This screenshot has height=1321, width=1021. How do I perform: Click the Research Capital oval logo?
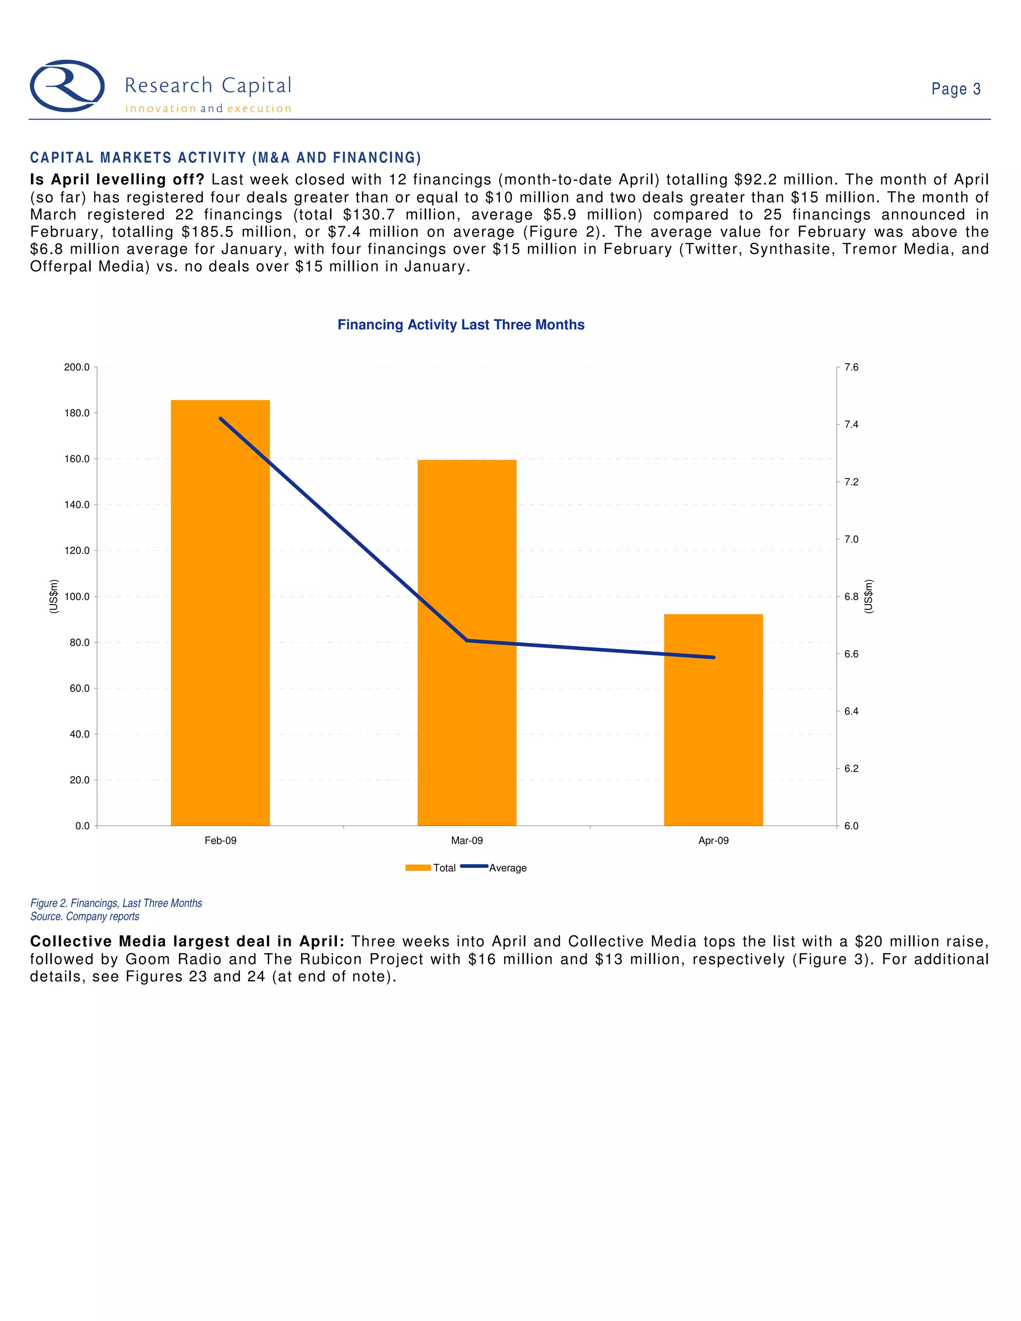coord(67,86)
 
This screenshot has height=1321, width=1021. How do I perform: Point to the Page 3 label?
coord(956,90)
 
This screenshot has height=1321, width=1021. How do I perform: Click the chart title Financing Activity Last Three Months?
coord(461,325)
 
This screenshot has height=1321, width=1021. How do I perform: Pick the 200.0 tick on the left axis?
coord(77,367)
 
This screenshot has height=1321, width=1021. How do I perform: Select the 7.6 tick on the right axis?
coord(851,367)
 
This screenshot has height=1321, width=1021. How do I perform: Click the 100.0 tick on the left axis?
coord(77,596)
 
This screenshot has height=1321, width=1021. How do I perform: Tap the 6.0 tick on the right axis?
coord(851,826)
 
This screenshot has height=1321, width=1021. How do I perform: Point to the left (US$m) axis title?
coord(54,596)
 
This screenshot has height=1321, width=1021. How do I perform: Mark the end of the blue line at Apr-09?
coord(714,658)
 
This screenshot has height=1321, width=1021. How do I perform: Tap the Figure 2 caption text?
coord(116,903)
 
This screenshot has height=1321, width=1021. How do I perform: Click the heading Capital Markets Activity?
coord(225,158)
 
